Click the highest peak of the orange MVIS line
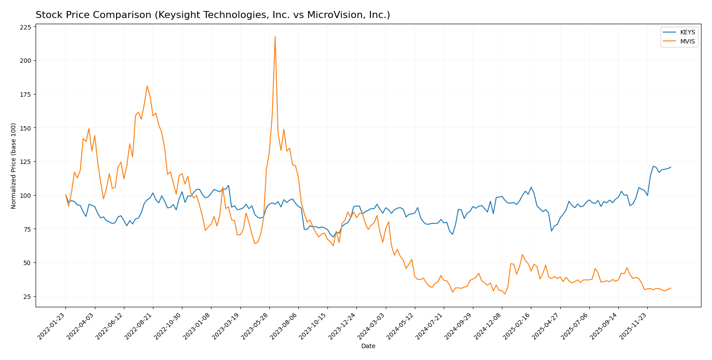tap(275, 36)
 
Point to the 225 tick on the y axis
tap(26, 27)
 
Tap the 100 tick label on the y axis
tap(26, 195)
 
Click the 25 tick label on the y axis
tap(27, 297)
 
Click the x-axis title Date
tap(368, 346)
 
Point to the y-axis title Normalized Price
tap(14, 166)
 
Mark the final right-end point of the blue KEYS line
tap(671, 167)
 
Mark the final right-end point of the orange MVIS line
tap(671, 288)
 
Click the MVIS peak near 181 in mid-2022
tap(147, 86)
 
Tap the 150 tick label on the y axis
tap(26, 128)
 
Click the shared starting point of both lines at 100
tap(65, 195)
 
